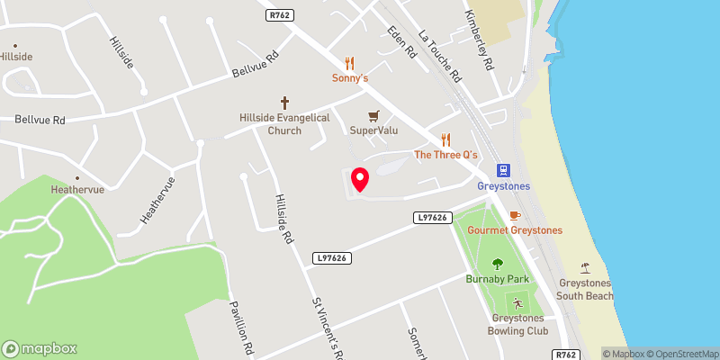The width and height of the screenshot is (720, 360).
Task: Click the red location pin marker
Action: click(359, 179)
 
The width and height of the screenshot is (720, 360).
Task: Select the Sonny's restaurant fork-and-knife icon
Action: click(350, 63)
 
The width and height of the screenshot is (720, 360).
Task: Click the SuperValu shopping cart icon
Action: click(373, 116)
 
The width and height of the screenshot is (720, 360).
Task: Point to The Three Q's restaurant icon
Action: click(445, 139)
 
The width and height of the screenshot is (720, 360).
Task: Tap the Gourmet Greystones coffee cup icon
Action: click(514, 216)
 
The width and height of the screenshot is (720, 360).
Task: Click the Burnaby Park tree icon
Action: click(498, 264)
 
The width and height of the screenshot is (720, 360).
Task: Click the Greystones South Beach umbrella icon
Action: click(585, 267)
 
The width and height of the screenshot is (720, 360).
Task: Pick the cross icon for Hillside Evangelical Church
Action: click(285, 103)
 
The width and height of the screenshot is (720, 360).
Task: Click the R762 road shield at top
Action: click(280, 13)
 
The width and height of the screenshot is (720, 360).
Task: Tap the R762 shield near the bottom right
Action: click(565, 355)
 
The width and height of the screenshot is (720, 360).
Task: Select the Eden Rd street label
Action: click(401, 43)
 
